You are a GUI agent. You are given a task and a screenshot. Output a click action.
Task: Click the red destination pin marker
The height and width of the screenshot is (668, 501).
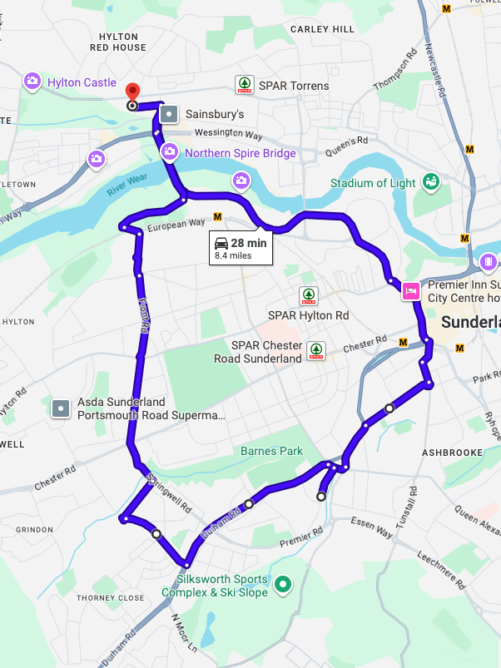click(x=131, y=93)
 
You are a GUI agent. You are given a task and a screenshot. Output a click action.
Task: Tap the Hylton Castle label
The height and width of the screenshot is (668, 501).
click(x=82, y=82)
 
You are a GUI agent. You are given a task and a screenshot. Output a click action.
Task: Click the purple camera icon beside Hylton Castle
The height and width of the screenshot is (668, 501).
click(x=32, y=82)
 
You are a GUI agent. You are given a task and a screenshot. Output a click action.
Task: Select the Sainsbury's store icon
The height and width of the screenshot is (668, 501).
click(x=169, y=114)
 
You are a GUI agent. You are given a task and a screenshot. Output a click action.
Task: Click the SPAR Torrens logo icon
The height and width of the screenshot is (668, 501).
click(x=243, y=85)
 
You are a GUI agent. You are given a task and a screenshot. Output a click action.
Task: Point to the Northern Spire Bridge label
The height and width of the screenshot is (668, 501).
click(x=240, y=153)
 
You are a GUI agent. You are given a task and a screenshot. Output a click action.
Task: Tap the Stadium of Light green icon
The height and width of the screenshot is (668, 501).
click(x=430, y=182)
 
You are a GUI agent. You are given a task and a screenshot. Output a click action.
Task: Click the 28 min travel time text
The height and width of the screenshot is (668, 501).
click(x=249, y=243)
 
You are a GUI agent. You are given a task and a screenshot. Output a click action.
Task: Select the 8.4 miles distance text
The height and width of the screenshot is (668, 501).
click(x=233, y=256)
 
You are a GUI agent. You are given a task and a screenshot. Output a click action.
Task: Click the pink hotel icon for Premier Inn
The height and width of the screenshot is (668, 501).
click(x=411, y=290)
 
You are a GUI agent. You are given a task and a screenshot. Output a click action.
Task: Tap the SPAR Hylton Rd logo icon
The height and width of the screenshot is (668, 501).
click(x=309, y=296)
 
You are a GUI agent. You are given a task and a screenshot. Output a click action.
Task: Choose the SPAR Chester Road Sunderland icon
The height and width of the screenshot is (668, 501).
click(x=316, y=351)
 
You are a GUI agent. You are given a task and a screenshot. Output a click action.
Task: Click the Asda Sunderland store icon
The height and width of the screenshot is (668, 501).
click(x=60, y=408)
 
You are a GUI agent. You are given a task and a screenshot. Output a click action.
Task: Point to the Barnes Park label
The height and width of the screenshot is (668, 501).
click(x=270, y=451)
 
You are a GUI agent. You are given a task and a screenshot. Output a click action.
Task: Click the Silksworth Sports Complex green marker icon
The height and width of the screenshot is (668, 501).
click(x=283, y=586)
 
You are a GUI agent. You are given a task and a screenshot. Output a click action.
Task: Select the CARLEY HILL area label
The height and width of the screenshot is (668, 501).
click(x=322, y=29)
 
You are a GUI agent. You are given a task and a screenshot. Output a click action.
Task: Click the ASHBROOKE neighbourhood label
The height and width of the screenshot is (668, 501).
click(x=452, y=452)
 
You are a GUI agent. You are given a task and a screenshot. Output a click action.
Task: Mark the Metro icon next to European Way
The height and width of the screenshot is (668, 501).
click(x=218, y=216)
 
